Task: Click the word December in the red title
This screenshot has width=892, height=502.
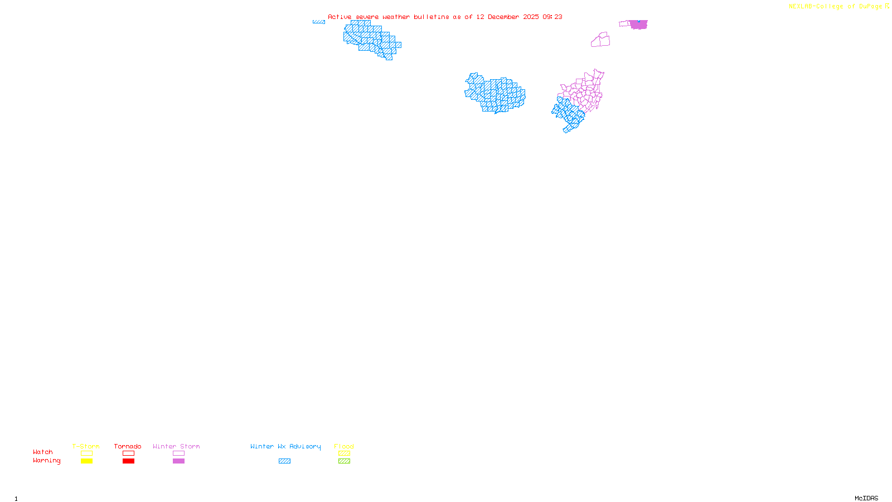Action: (503, 17)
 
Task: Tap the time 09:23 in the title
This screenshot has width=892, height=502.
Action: (552, 17)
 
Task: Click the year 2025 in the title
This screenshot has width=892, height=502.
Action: (531, 17)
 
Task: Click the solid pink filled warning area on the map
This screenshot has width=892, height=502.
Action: (639, 25)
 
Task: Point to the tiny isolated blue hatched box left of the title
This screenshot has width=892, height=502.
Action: (319, 22)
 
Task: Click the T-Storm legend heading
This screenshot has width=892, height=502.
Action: (86, 446)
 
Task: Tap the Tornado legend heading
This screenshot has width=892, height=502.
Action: (128, 446)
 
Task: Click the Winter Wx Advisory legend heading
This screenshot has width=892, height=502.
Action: (285, 446)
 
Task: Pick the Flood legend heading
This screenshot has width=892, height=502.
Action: (344, 446)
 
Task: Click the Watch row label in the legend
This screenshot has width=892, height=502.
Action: (43, 452)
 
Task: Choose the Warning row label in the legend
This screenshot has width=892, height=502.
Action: (46, 461)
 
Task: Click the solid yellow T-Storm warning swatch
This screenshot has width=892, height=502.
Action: (86, 461)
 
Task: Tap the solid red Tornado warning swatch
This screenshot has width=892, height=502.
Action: (128, 461)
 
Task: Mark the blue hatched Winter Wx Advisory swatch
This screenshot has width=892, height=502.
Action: (284, 461)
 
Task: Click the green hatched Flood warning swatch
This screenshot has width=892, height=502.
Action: (344, 461)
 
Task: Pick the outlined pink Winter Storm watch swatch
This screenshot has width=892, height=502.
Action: (178, 453)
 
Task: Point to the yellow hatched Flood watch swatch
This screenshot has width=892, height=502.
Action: (344, 453)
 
